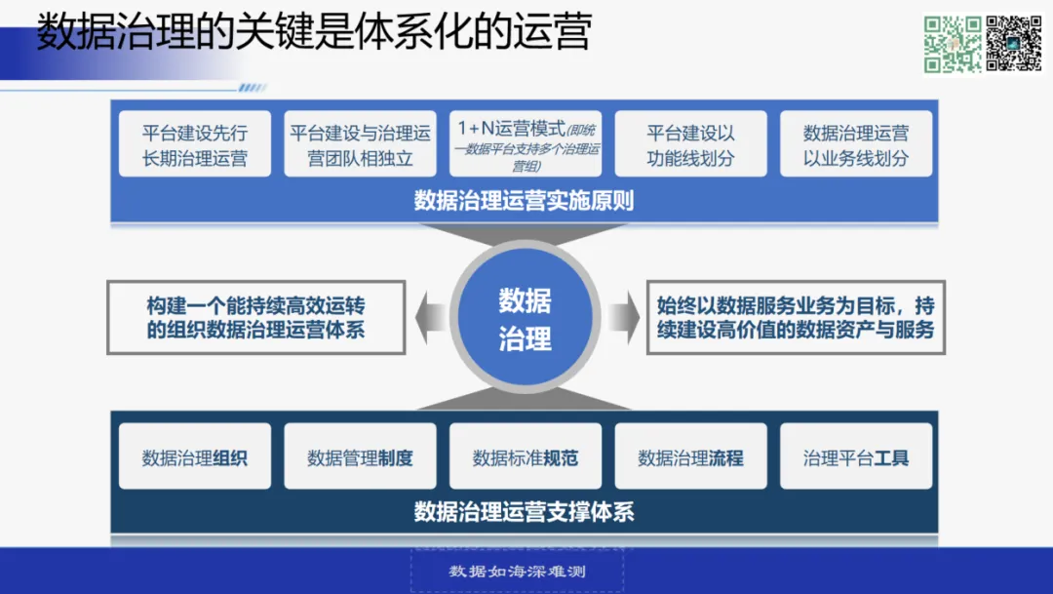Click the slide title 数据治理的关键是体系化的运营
pos(314,34)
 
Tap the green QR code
pos(952,44)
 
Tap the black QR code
pos(1014,44)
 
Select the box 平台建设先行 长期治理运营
pos(194,144)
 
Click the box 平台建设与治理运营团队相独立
pos(360,144)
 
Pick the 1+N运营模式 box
pos(525,144)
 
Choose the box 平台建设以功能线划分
pos(690,144)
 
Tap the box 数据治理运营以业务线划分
pos(855,144)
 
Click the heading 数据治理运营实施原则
pos(525,201)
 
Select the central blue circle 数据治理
pos(525,319)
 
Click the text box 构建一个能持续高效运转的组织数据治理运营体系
pos(255,318)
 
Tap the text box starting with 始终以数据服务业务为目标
pos(796,318)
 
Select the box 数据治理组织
pos(194,457)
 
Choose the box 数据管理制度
pos(360,457)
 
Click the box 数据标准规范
pos(525,457)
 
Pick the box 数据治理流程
pos(690,457)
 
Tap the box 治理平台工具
pos(855,457)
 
